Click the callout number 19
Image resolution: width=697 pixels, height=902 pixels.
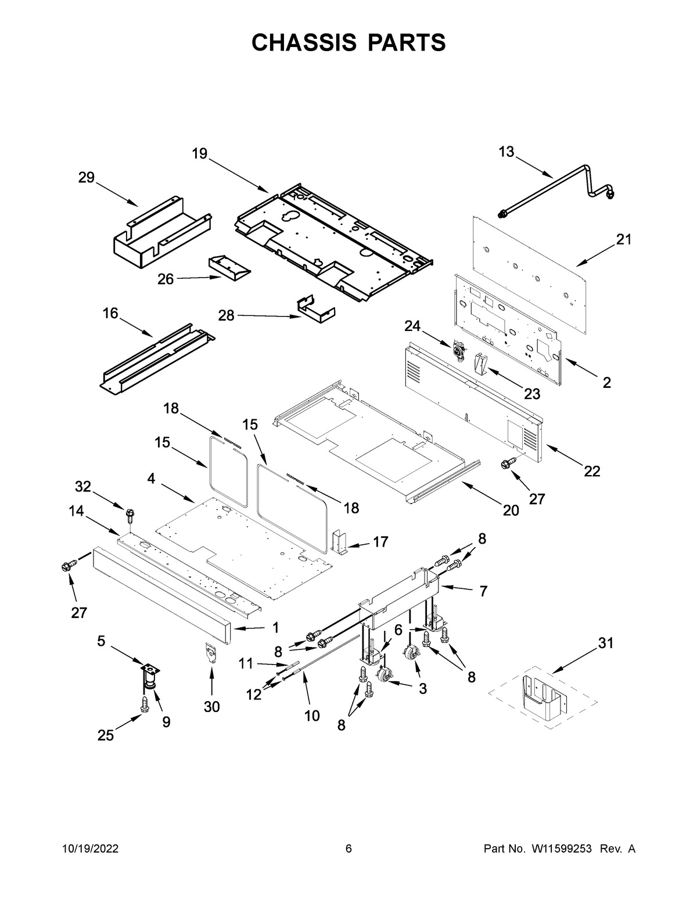tap(199, 153)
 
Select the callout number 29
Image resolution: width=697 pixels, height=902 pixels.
tap(87, 178)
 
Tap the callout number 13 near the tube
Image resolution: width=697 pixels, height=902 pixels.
tap(506, 152)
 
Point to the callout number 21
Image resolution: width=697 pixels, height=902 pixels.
tap(624, 239)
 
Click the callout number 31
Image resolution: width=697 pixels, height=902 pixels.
tap(606, 643)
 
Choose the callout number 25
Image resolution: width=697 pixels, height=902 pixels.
tap(106, 735)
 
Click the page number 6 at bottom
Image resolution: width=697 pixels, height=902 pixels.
tap(348, 849)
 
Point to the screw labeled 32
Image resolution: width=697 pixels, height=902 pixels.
tap(130, 514)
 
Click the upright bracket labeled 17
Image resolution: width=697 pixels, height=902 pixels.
tap(339, 541)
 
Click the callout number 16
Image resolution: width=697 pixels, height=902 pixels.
tap(110, 314)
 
